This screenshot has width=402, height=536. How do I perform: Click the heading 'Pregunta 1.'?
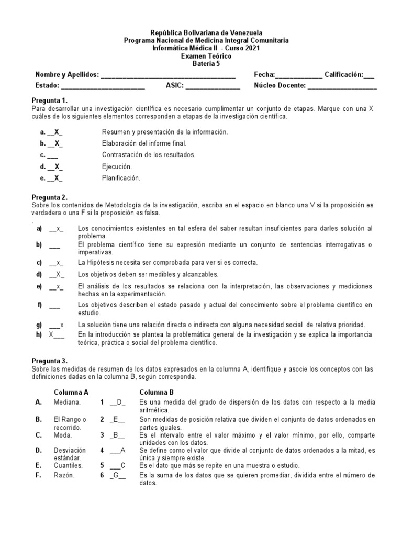click(x=50, y=100)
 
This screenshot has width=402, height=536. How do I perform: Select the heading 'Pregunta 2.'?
click(x=50, y=197)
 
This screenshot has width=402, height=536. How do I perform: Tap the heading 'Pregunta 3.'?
click(x=50, y=361)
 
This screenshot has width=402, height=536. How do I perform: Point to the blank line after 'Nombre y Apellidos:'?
click(x=168, y=75)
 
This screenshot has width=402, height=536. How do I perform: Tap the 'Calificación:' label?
click(x=343, y=75)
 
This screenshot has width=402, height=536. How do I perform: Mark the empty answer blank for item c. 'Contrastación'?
click(x=52, y=155)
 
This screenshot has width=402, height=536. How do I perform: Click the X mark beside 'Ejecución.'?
click(x=58, y=166)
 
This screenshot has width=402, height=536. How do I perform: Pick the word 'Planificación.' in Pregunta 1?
click(x=121, y=178)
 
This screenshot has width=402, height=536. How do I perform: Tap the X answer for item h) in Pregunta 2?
click(x=51, y=334)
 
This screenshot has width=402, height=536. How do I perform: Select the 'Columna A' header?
click(x=71, y=392)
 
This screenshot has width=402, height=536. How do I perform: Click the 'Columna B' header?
click(x=157, y=392)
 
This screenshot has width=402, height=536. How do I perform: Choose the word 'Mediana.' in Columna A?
click(x=66, y=402)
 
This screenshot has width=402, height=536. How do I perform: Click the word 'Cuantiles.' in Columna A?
click(x=68, y=464)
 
